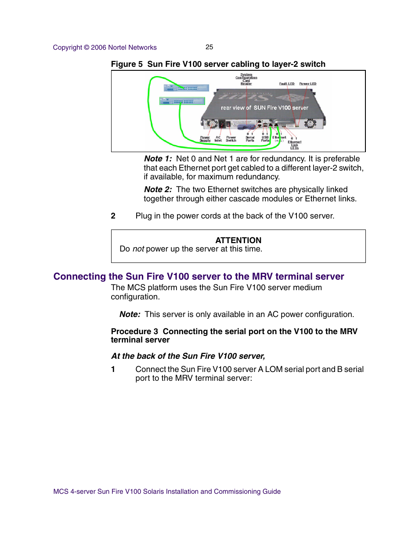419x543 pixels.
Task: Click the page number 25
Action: pyautogui.click(x=209, y=47)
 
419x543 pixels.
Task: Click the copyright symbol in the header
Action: pyautogui.click(x=87, y=47)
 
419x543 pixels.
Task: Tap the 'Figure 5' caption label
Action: pyautogui.click(x=126, y=64)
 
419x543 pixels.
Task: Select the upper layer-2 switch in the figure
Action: pyautogui.click(x=186, y=88)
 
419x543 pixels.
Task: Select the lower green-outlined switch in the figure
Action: pyautogui.click(x=182, y=101)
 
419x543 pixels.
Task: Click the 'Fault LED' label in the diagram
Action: pyautogui.click(x=287, y=84)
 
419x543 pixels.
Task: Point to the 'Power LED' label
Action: pyautogui.click(x=307, y=84)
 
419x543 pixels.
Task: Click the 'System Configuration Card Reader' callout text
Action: pyautogui.click(x=246, y=79)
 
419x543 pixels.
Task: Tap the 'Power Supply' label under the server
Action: pyautogui.click(x=205, y=139)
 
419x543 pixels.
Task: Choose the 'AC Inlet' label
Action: pyautogui.click(x=218, y=139)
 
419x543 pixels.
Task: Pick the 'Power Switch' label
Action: pyautogui.click(x=231, y=139)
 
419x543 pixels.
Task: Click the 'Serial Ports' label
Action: pyautogui.click(x=250, y=139)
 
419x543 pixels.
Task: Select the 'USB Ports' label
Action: pyautogui.click(x=265, y=139)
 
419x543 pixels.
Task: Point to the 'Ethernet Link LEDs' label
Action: pyautogui.click(x=294, y=145)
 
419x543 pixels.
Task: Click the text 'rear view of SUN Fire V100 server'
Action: pyautogui.click(x=264, y=108)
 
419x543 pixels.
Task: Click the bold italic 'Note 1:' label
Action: pyautogui.click(x=158, y=159)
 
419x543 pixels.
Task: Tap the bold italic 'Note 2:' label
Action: pyautogui.click(x=158, y=190)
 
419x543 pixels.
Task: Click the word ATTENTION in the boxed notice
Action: pyautogui.click(x=238, y=241)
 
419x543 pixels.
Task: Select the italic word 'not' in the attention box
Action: pyautogui.click(x=138, y=249)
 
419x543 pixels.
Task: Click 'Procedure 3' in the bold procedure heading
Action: pyautogui.click(x=134, y=332)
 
